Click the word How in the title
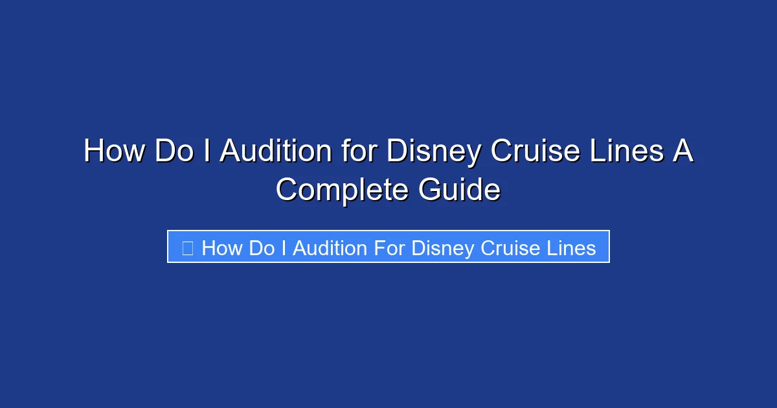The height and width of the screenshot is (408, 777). [115, 152]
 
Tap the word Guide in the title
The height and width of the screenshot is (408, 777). [459, 190]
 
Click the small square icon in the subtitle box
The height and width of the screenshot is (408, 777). [187, 247]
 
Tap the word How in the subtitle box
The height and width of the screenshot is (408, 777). [221, 247]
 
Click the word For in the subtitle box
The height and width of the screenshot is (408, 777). [387, 247]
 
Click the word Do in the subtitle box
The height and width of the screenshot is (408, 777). [262, 247]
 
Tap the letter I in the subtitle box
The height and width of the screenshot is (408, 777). [284, 247]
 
